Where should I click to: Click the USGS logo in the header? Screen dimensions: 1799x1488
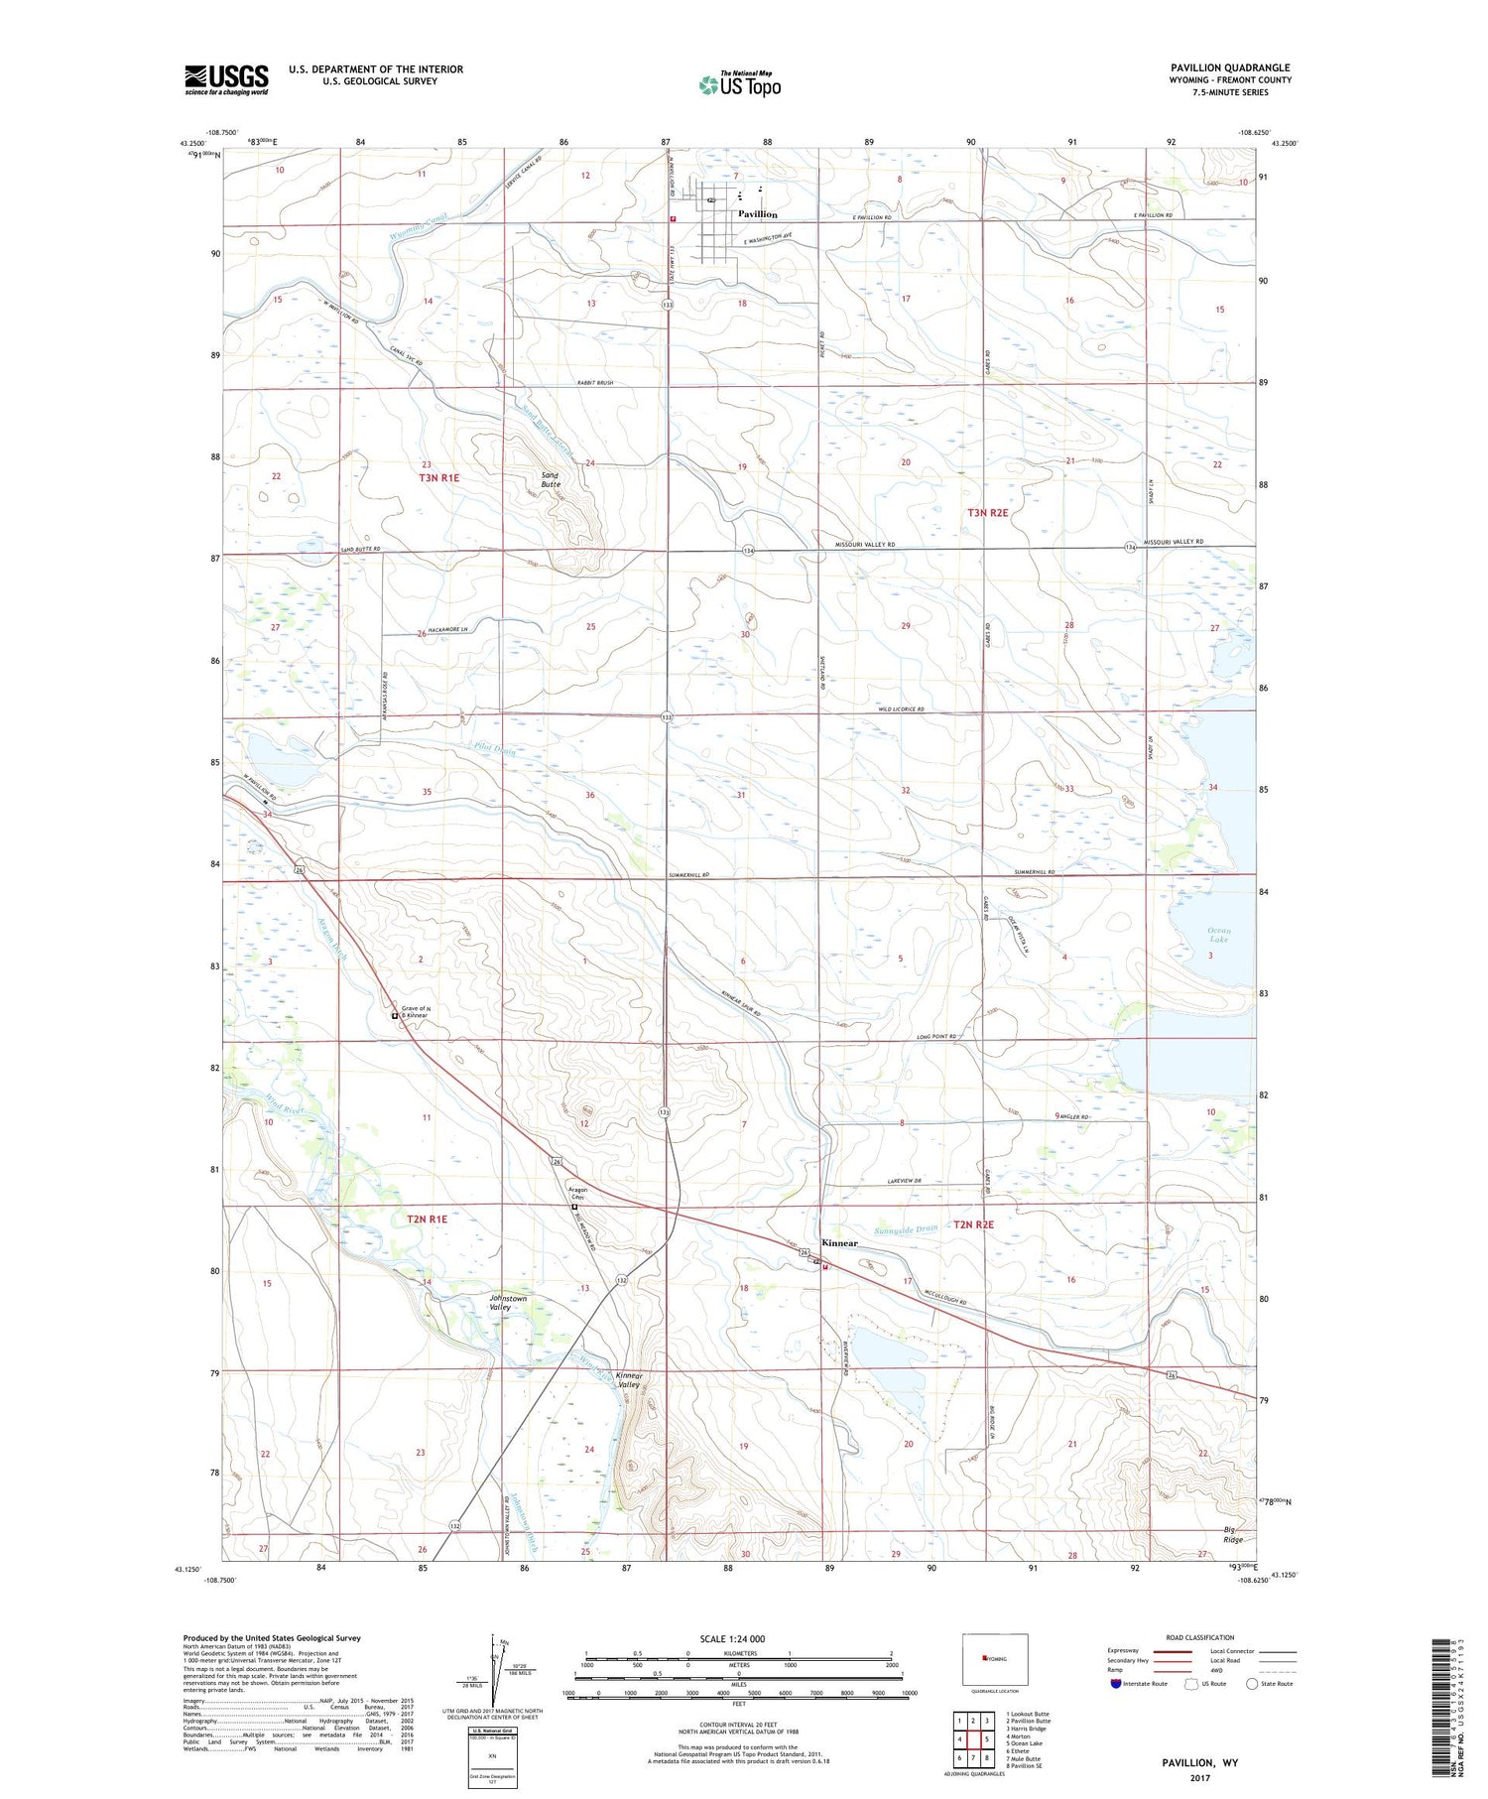(x=226, y=79)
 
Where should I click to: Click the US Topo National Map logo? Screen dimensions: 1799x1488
(x=740, y=84)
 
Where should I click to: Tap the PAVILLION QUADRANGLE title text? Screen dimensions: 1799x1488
(x=1230, y=68)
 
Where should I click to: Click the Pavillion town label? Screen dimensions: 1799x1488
(x=757, y=214)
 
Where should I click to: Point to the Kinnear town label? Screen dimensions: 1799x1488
(x=840, y=1243)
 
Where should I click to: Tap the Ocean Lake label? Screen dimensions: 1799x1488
(x=1218, y=935)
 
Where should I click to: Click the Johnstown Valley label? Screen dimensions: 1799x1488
(x=508, y=1303)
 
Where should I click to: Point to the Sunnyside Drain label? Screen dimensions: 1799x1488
(x=906, y=1229)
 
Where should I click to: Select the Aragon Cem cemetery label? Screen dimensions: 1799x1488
(x=577, y=1194)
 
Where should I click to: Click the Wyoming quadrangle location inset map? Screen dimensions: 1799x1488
(x=994, y=1658)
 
